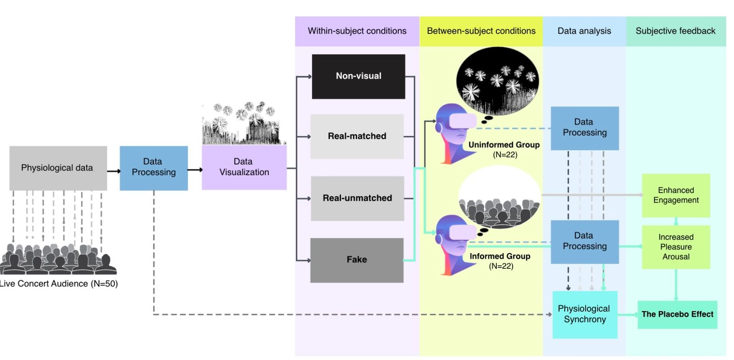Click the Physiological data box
point(58,168)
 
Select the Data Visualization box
point(244,167)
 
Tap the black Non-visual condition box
point(358,76)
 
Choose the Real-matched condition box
point(357,136)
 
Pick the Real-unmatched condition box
point(357,198)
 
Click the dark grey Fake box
point(357,260)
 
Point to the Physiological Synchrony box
point(585,315)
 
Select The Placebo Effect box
point(677,315)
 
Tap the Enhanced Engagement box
point(676,195)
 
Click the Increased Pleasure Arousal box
point(676,247)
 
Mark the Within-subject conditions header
point(357,31)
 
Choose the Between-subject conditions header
point(481,31)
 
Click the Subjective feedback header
point(676,31)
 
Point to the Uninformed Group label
point(504,150)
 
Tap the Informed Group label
point(500,261)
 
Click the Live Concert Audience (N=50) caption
point(58,284)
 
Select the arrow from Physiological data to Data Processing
point(114,171)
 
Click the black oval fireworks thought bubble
point(497,81)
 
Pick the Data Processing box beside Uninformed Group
point(585,128)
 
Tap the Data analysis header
point(584,31)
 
